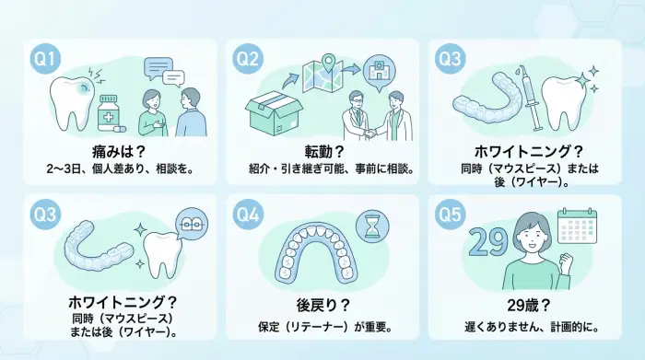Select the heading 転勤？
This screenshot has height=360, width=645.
(322, 150)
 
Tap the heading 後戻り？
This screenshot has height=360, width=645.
(322, 305)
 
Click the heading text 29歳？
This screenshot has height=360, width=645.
(524, 305)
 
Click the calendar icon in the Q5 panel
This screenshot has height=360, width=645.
(579, 226)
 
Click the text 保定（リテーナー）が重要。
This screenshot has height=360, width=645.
(322, 327)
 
